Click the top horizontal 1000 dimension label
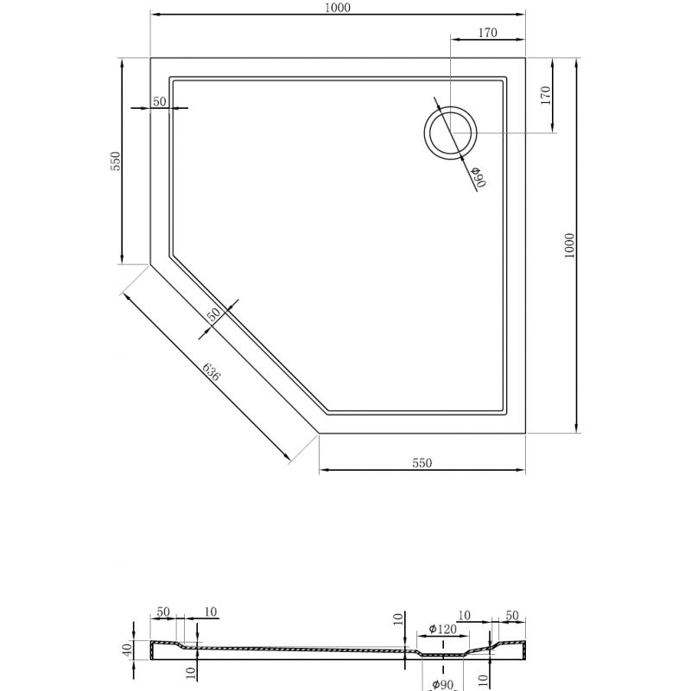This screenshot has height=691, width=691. coord(338,8)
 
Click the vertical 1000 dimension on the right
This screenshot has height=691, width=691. coord(568,245)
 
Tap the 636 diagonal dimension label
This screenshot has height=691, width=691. coord(212,373)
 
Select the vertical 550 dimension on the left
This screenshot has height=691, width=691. coord(114,162)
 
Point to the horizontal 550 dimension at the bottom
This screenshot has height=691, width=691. coord(422,462)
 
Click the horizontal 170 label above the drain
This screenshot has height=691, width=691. coord(487,34)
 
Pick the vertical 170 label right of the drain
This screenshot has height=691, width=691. coord(545,96)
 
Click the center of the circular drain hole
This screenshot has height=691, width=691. coord(449,133)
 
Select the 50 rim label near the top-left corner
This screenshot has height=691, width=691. coord(159,102)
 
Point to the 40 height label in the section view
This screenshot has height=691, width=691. coord(126,650)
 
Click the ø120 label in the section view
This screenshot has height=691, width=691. coord(442,629)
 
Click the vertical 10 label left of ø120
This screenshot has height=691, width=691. coord(398,619)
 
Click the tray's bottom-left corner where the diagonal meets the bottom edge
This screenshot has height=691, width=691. coord(320,432)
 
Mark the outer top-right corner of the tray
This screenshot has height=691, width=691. coord(525,58)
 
